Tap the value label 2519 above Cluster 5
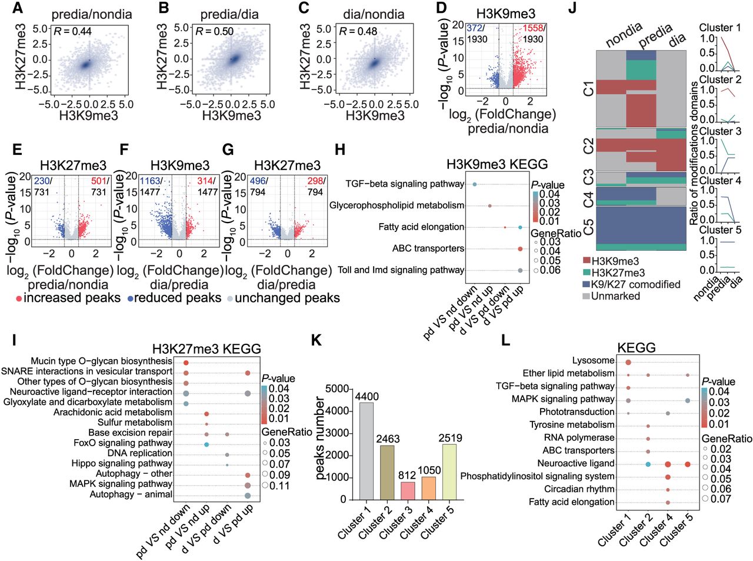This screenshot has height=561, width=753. tap(450, 438)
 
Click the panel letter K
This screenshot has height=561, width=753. tap(316, 341)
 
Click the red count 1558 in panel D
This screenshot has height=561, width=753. tap(532, 28)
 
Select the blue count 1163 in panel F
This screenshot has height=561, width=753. tap(150, 181)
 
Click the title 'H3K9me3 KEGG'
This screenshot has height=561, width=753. tap(497, 164)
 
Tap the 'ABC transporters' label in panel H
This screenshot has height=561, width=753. tap(428, 248)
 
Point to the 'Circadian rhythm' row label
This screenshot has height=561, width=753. tap(579, 489)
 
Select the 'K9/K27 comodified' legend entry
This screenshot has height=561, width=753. tap(636, 284)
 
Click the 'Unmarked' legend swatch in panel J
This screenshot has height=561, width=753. tap(586, 296)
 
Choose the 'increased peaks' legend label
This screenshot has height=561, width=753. tap(72, 298)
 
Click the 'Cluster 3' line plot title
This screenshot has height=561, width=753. tap(720, 131)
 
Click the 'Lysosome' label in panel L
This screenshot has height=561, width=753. tap(593, 360)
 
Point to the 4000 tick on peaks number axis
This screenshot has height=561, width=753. tap(338, 411)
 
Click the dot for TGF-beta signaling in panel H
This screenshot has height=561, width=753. tap(475, 184)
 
